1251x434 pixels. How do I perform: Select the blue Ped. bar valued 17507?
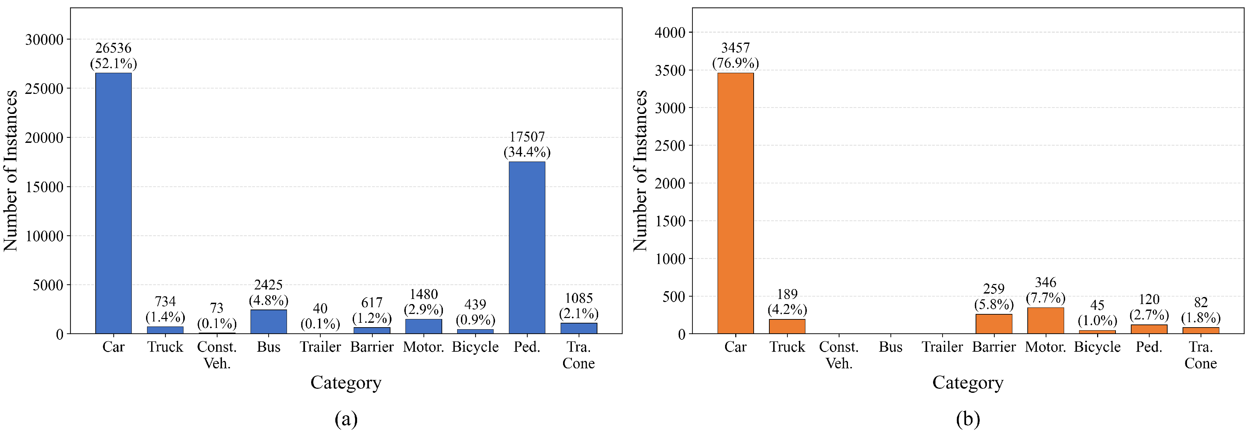(527, 248)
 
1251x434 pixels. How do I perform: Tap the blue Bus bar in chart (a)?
(269, 321)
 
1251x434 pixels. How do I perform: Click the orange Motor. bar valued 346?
(1046, 320)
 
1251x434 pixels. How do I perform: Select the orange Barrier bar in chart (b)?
(994, 324)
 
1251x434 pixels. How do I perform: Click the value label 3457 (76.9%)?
(735, 55)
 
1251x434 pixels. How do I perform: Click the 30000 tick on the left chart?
(44, 39)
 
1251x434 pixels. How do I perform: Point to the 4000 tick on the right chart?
(671, 33)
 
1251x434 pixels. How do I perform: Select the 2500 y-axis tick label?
(671, 146)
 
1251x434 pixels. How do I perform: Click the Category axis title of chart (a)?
(346, 383)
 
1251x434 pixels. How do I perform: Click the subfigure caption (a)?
(346, 418)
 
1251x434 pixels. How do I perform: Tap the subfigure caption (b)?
(967, 418)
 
